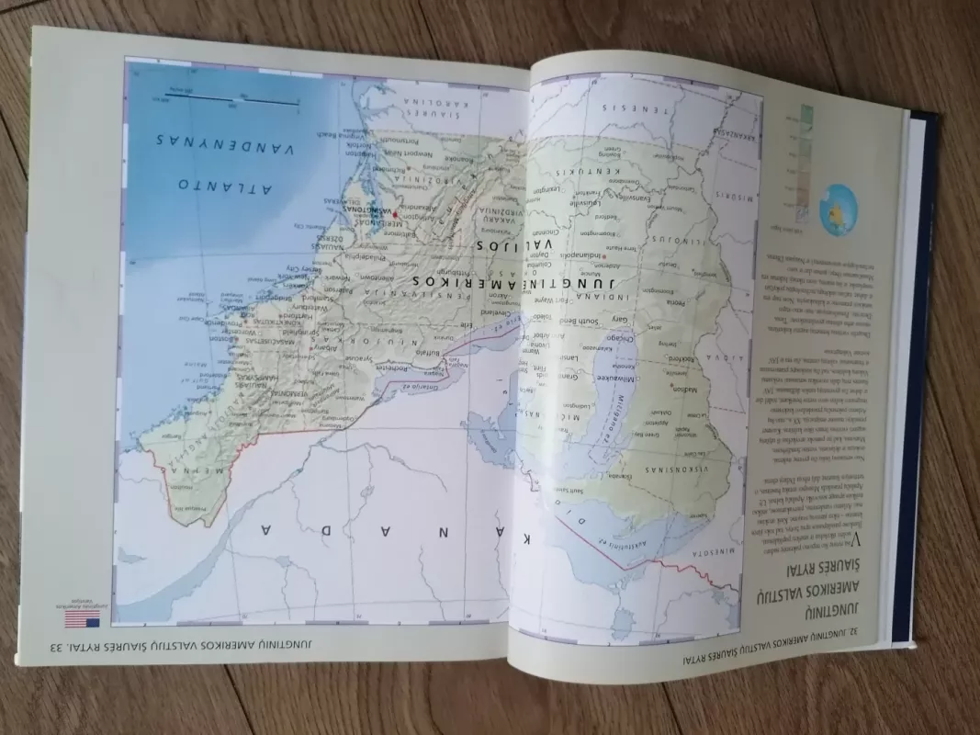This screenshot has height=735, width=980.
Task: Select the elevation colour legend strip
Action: click(806, 161)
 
